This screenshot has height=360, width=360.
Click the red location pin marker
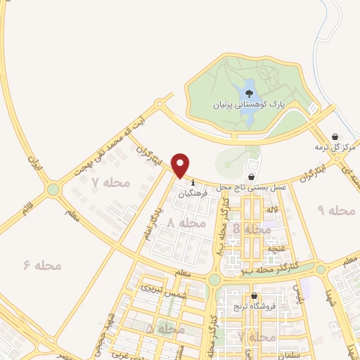(181, 166)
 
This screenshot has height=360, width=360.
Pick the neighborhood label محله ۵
(165, 328)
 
